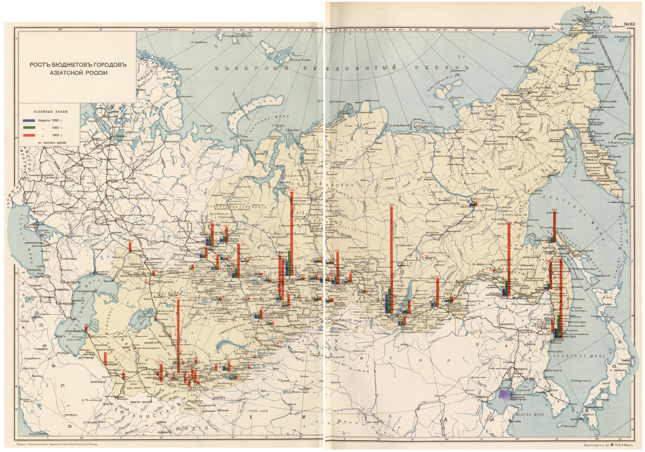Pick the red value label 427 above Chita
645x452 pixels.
[x=436, y=276]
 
